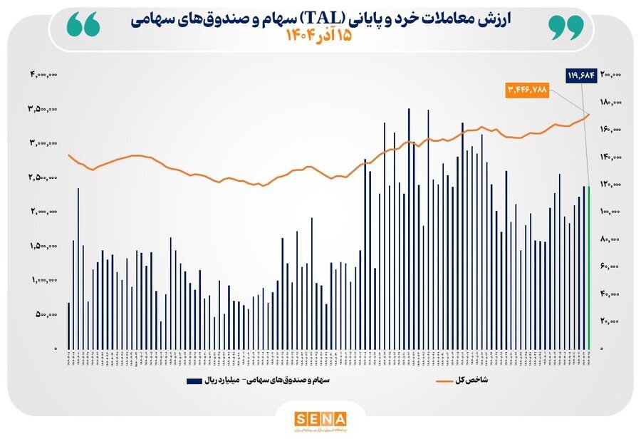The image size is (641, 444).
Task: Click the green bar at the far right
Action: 589,267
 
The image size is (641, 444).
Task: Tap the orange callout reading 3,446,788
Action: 528,91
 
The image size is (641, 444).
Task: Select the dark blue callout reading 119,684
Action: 580,74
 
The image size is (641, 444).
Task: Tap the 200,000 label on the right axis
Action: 611,74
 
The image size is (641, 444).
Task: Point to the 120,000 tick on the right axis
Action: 611,185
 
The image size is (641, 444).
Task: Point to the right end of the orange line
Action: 589,115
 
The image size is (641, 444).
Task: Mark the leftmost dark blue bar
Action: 68,326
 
